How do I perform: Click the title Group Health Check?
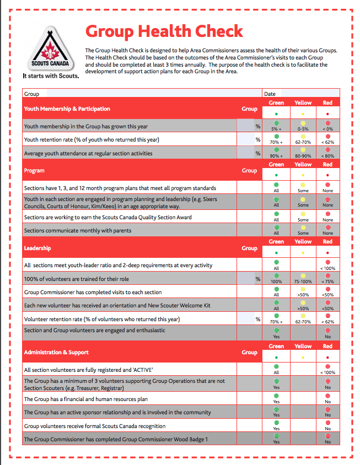164,31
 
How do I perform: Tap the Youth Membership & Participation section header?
67,109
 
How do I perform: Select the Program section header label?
34,171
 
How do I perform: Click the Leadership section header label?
37,248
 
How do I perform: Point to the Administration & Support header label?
56,352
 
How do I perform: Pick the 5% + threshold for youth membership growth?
276,128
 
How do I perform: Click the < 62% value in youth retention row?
327,142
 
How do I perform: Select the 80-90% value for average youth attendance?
303,155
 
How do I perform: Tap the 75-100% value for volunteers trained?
303,282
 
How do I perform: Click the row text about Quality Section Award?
108,218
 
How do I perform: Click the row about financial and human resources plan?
86,399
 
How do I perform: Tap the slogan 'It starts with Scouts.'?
51,77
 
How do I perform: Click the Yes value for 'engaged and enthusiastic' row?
276,337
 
